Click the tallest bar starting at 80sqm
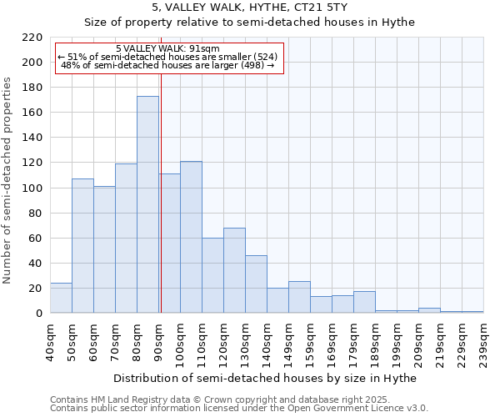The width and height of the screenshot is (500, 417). pyautogui.click(x=147, y=204)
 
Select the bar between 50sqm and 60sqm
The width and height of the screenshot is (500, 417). pyautogui.click(x=82, y=245)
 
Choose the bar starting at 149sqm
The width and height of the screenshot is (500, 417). pyautogui.click(x=299, y=297)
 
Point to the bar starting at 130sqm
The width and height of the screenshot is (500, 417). pyautogui.click(x=256, y=284)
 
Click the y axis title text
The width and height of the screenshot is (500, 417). pyautogui.click(x=8, y=180)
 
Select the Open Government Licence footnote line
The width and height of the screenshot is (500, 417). pyautogui.click(x=239, y=409)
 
